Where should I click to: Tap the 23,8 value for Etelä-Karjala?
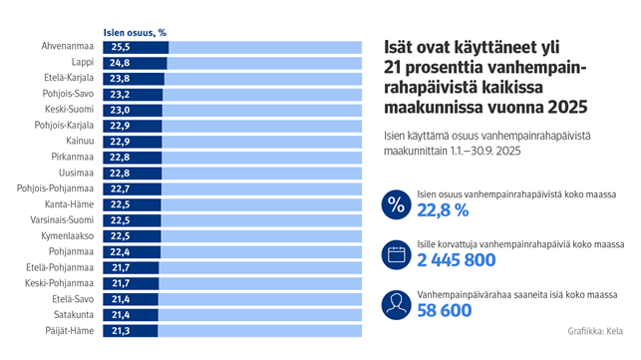(121, 79)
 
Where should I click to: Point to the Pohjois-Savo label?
(69, 95)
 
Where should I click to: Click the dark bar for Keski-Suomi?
(133, 111)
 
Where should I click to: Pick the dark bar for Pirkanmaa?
(133, 158)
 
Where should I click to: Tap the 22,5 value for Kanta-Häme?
(121, 204)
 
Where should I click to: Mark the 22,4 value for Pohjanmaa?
(121, 252)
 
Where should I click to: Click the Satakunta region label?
(72, 315)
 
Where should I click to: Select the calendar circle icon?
(396, 253)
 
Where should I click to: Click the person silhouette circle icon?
(396, 302)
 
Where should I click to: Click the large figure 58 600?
(443, 310)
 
